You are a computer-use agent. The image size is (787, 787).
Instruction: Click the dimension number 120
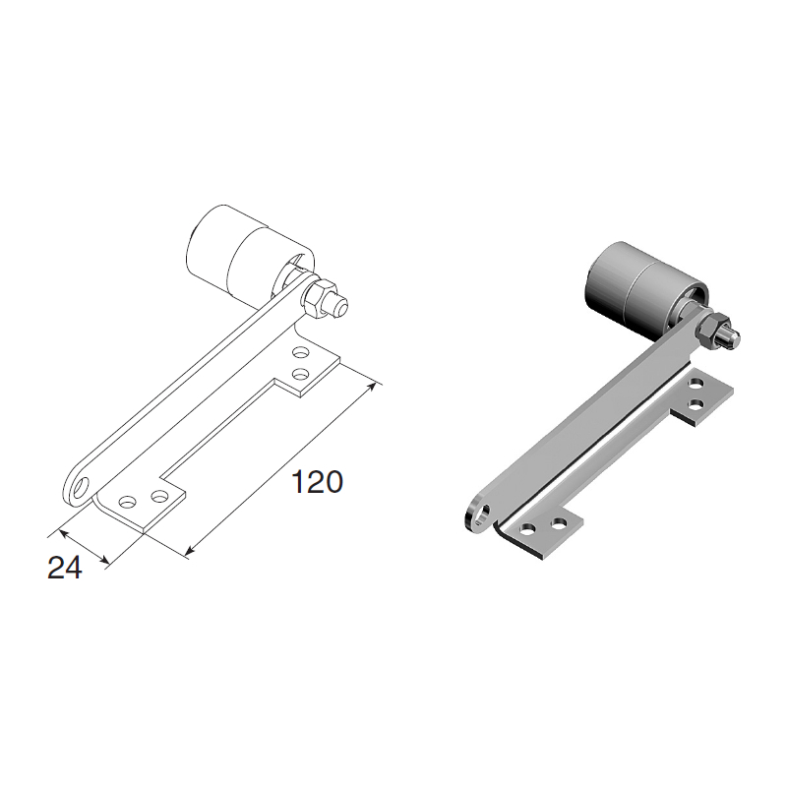coord(317,482)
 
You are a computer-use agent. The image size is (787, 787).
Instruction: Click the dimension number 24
coord(65,569)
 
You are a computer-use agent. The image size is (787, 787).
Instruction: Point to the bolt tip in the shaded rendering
coord(732,337)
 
